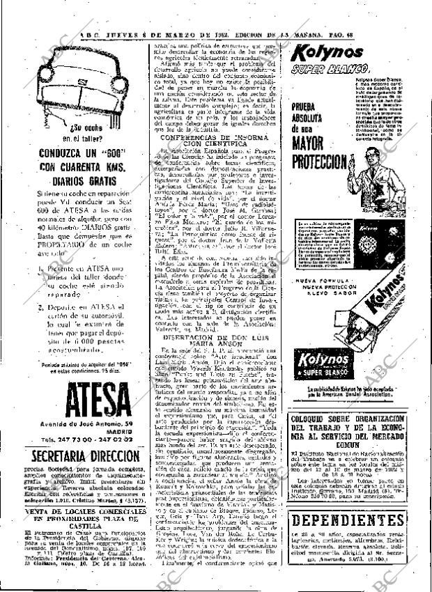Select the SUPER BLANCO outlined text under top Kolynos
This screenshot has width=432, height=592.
coord(325,70)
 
